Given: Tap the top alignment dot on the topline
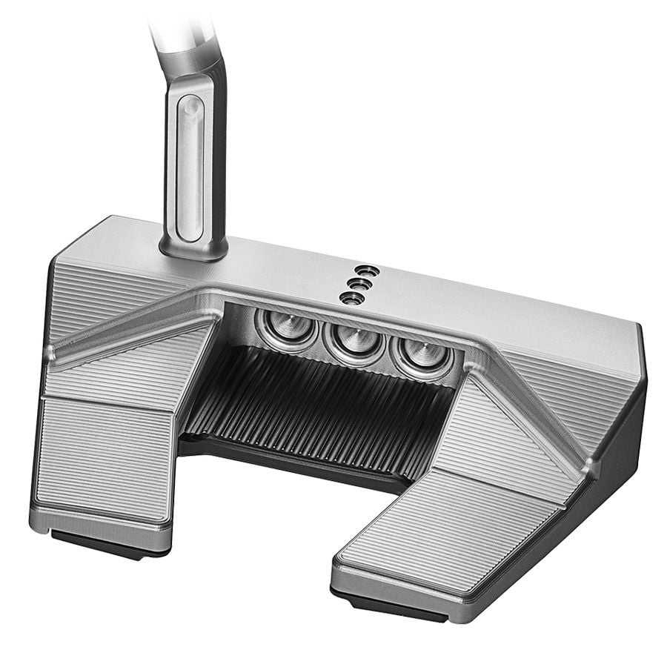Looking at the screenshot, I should point(362,270).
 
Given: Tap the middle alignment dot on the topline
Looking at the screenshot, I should point(357,282).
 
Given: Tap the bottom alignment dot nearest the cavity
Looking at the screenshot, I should point(351,297).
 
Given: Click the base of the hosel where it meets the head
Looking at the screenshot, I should point(193,248).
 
